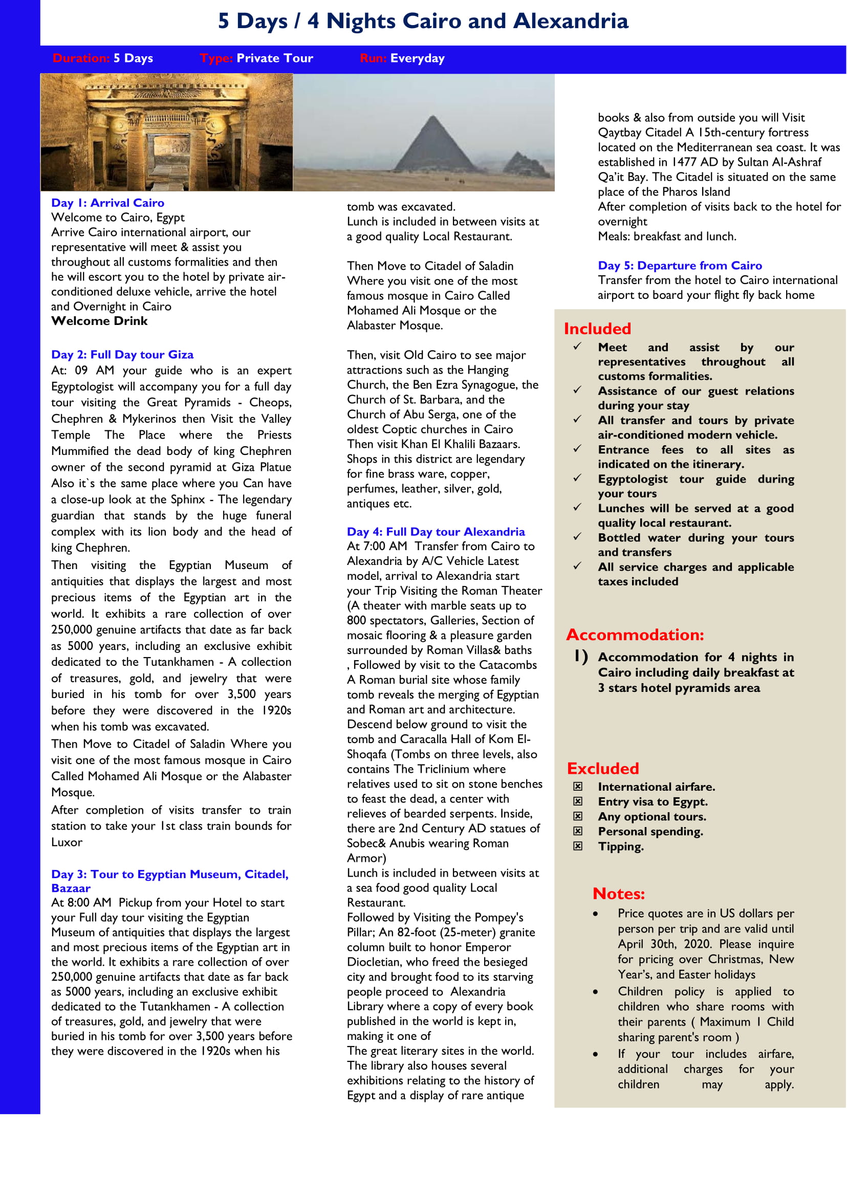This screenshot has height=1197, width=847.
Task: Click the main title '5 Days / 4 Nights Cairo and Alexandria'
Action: pos(423,21)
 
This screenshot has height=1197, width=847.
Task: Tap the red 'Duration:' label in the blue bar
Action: pos(81,58)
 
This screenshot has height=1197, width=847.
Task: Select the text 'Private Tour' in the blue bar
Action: pos(275,58)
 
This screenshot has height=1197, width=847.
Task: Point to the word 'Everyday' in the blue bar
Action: pos(417,58)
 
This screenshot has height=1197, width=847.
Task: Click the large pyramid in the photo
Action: pos(433,146)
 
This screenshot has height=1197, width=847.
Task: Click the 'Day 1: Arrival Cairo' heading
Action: pos(107,203)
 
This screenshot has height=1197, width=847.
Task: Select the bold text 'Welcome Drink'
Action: pos(99,321)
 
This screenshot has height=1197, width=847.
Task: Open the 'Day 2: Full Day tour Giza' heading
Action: pos(122,355)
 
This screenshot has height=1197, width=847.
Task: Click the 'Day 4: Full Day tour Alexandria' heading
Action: pos(436,532)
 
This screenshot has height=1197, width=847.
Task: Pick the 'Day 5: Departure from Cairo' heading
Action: pos(680,266)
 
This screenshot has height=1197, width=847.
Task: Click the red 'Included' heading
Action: pos(597,329)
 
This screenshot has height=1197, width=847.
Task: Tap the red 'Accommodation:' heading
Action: pos(635,635)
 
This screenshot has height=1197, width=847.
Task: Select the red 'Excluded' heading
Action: pos(602,768)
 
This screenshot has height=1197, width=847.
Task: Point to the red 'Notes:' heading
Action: pos(619,894)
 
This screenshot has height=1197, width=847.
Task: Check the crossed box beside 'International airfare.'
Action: pos(577,787)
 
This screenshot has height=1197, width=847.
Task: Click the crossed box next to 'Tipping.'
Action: pos(577,846)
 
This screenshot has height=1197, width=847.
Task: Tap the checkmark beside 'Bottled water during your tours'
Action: pos(577,536)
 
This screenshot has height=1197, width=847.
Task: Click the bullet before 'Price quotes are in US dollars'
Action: pos(595,914)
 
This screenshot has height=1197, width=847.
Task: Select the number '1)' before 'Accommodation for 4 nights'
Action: pos(581,656)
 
